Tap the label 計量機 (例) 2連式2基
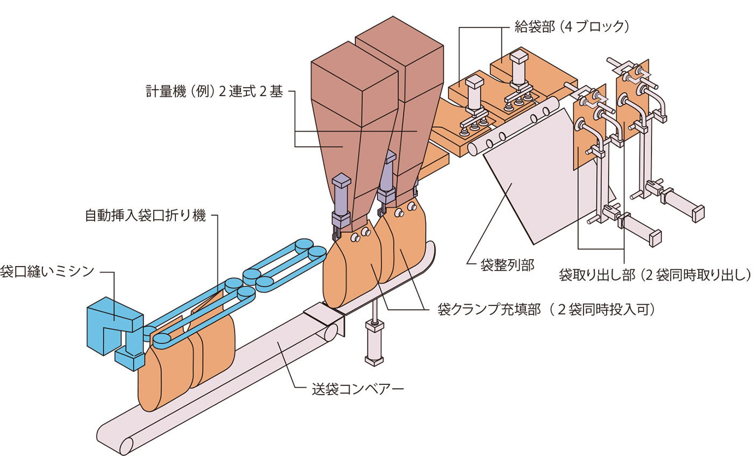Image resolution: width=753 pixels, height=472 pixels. pyautogui.click(x=214, y=91)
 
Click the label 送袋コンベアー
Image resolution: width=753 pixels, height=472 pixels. pyautogui.click(x=358, y=389)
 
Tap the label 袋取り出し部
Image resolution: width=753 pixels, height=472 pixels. pyautogui.click(x=654, y=275)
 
